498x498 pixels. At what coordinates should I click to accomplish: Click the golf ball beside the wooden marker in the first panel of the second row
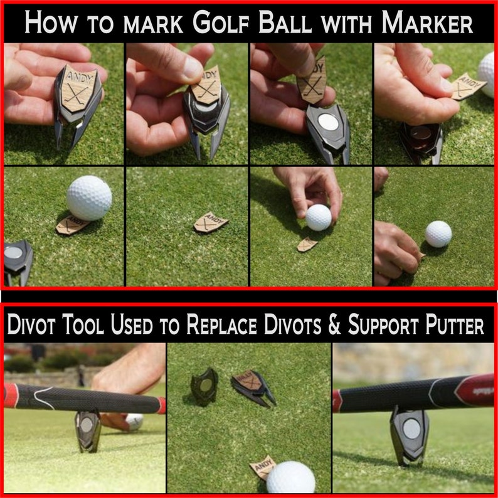[89, 198]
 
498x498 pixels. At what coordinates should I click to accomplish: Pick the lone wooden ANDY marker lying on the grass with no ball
[211, 223]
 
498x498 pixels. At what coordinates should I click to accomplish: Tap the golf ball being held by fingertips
[319, 217]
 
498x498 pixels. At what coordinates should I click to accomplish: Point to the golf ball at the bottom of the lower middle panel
[290, 477]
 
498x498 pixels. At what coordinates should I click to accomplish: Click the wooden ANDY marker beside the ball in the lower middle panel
[262, 467]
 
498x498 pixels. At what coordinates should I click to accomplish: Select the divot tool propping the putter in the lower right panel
[410, 433]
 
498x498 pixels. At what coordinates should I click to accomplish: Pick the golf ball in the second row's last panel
[438, 234]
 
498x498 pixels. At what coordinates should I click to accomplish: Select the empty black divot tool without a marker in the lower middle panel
[204, 383]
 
